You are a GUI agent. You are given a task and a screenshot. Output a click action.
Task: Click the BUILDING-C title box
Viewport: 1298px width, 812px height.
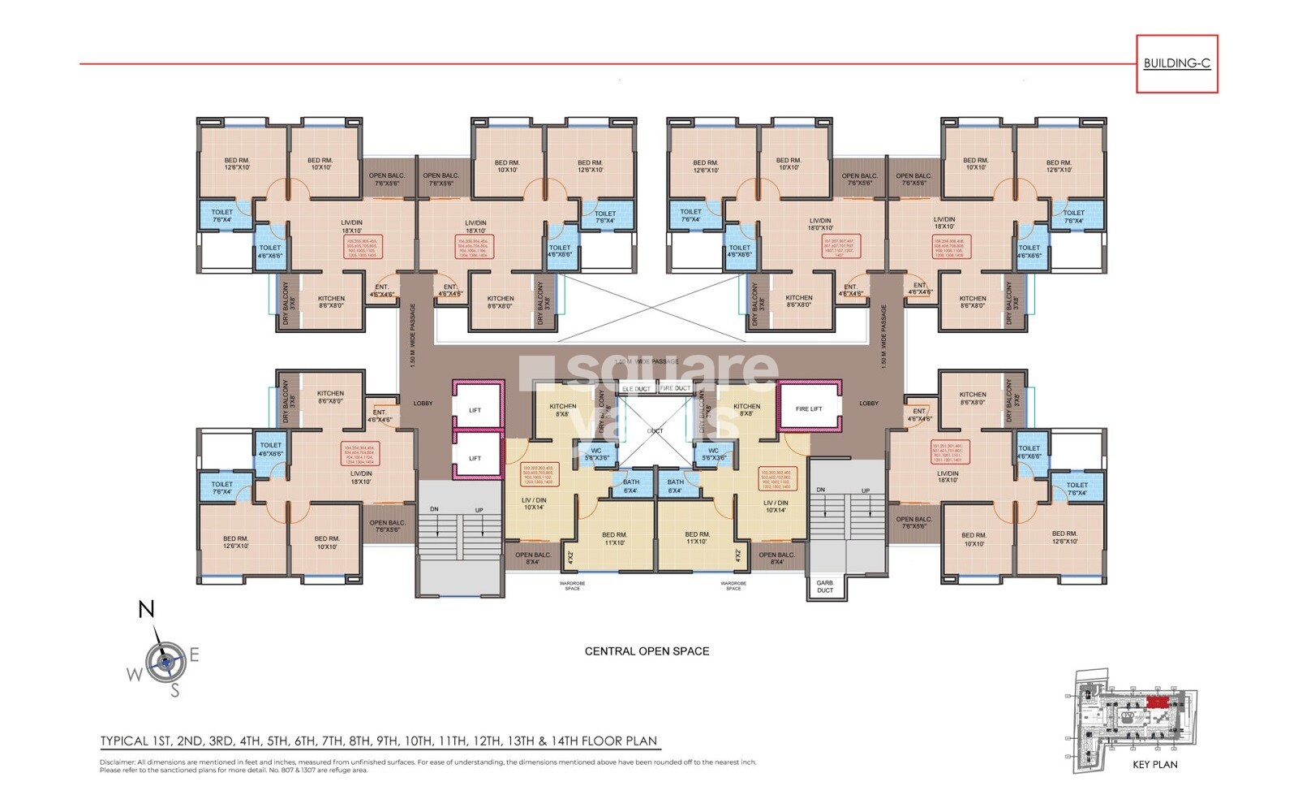[1176, 63]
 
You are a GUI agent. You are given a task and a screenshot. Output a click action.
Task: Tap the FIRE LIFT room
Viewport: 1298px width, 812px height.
[808, 408]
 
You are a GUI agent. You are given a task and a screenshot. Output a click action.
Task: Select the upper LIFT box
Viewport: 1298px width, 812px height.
[475, 410]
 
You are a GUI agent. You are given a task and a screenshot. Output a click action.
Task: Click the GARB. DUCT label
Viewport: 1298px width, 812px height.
[825, 586]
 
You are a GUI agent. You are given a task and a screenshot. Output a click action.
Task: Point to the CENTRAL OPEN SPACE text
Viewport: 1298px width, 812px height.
[647, 651]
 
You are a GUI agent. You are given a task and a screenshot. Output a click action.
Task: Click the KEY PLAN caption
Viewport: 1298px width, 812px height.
[1154, 764]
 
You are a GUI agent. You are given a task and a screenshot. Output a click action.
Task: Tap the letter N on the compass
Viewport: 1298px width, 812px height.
[146, 609]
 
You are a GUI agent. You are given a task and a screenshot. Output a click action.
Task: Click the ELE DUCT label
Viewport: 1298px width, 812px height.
[636, 389]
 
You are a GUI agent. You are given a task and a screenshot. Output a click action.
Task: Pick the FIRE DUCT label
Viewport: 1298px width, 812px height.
[675, 388]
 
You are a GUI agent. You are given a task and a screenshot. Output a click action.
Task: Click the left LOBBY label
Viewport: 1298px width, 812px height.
[423, 403]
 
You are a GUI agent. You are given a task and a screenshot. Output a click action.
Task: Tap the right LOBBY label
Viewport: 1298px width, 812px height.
[869, 403]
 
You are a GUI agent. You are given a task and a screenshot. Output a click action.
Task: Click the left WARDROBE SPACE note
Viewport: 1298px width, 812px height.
[572, 585]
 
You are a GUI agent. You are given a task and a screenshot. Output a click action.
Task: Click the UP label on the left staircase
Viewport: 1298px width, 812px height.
[479, 510]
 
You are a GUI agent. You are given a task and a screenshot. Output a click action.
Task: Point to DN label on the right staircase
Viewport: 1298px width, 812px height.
[821, 490]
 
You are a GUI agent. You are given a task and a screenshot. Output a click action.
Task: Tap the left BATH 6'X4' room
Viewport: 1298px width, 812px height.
[630, 486]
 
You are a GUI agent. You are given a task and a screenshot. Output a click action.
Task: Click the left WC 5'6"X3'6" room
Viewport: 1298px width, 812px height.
[596, 454]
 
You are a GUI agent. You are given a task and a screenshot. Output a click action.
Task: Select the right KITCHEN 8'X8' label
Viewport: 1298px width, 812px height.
[746, 409]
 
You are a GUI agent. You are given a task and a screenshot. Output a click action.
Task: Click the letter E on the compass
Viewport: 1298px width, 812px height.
[195, 654]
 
